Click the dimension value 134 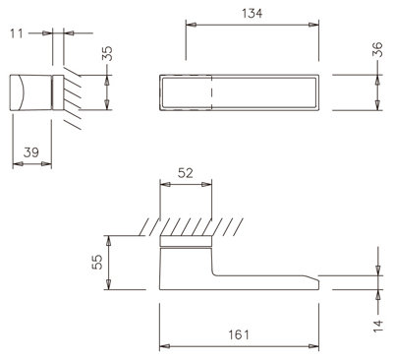pos(252,14)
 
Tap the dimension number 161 pos(239,334)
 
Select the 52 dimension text pos(186,173)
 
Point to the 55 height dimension pos(97,262)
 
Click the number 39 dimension pos(31,152)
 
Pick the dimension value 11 pos(17,33)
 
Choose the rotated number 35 pos(107,53)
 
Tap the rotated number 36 pos(377,49)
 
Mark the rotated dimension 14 pos(377,326)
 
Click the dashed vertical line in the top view pos(212,92)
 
